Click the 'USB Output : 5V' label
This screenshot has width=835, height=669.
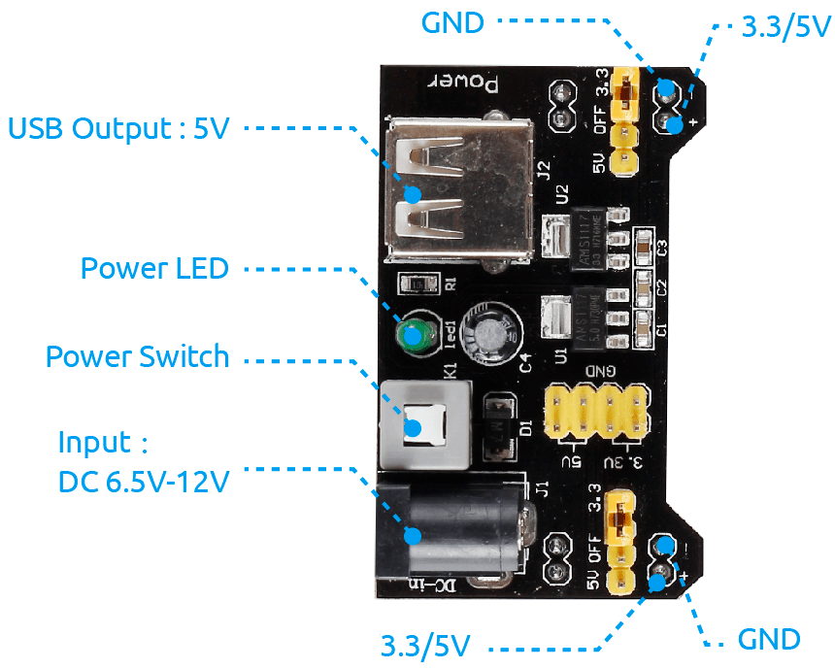(x=118, y=128)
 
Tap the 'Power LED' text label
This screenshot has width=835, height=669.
(x=153, y=268)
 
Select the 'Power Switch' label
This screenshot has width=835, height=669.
(x=137, y=356)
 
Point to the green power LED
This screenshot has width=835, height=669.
(x=416, y=337)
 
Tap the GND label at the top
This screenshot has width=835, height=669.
(x=452, y=21)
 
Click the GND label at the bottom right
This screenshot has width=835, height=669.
(x=769, y=639)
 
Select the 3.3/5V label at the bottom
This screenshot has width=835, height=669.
(x=425, y=645)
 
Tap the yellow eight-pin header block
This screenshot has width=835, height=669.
(x=596, y=412)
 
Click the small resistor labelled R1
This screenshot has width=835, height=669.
(x=420, y=284)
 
